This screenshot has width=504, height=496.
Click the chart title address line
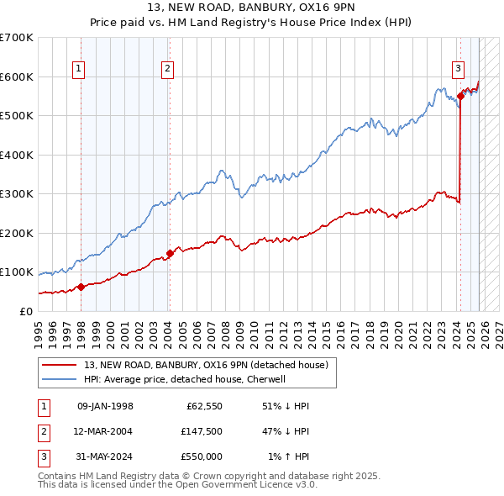[251, 8]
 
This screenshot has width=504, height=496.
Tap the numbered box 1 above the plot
[78, 69]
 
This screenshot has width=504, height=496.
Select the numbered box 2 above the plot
[168, 69]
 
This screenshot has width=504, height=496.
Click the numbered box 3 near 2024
[458, 69]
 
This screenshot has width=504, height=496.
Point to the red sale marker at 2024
[460, 97]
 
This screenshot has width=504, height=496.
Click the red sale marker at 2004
[170, 253]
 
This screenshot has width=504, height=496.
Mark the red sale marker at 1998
[81, 287]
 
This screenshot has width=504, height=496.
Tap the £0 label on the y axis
[25, 311]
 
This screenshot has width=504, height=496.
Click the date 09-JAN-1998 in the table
[105, 406]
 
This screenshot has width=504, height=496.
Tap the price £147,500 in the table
[202, 431]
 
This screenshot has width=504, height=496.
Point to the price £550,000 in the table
[202, 456]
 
